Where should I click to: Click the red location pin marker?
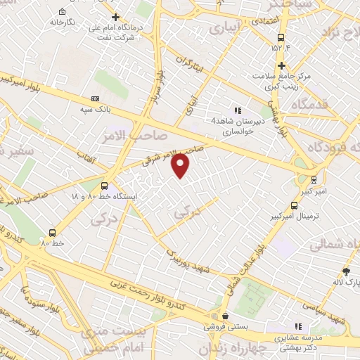click(x=181, y=165)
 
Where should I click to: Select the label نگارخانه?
click(x=62, y=22)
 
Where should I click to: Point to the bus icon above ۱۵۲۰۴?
click(x=281, y=37)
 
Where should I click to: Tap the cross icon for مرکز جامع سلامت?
click(x=281, y=65)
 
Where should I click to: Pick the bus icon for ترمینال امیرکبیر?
click(x=293, y=206)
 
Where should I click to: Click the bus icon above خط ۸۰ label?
click(x=52, y=233)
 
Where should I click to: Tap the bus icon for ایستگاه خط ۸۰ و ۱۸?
click(x=104, y=186)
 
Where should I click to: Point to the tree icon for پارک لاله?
click(x=345, y=271)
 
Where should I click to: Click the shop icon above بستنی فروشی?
click(x=224, y=317)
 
